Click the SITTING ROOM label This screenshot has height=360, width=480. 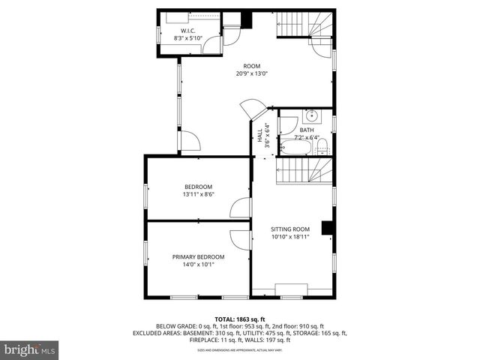[289, 229]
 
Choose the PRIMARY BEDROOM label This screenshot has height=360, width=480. [198, 257]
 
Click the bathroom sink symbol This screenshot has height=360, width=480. [311, 116]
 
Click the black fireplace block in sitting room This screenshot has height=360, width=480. [326, 228]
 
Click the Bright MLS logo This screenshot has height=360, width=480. [30, 349]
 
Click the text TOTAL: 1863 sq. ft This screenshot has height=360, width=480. [239, 319]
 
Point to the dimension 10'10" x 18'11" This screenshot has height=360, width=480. [289, 237]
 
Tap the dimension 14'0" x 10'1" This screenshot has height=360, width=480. [198, 265]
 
